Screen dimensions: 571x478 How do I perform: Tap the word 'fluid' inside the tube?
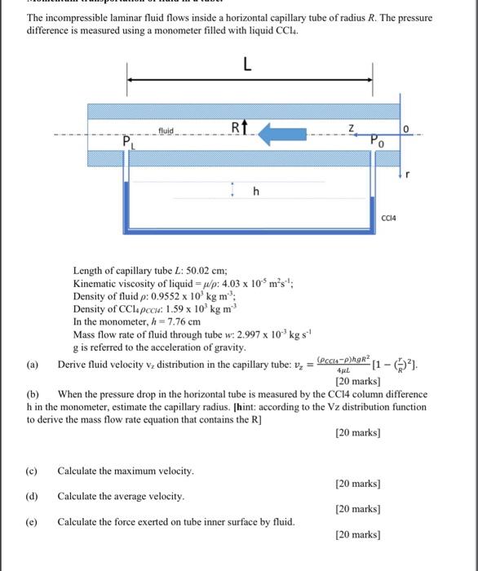click(x=166, y=129)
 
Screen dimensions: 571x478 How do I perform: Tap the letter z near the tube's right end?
click(x=352, y=126)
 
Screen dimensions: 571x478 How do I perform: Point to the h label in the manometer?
click(x=255, y=192)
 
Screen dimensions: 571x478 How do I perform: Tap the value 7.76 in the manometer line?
click(x=174, y=322)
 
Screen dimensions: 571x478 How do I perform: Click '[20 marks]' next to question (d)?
click(x=357, y=509)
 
